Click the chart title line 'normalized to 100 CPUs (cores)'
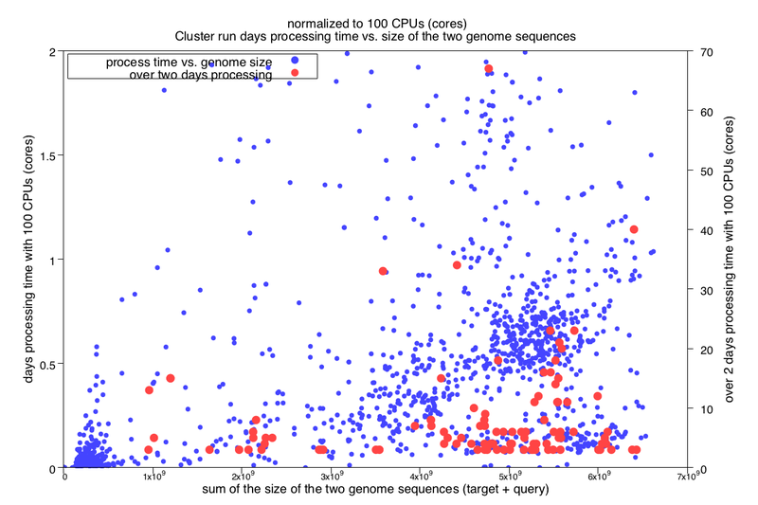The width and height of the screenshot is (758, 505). pyautogui.click(x=379, y=22)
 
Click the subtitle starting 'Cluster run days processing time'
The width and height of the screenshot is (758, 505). pyautogui.click(x=379, y=35)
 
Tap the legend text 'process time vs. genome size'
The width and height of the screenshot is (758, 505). pyautogui.click(x=188, y=62)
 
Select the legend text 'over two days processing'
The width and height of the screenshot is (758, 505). pyautogui.click(x=200, y=74)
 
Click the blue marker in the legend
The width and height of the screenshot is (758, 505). pyautogui.click(x=294, y=62)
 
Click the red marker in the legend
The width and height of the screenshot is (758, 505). pyautogui.click(x=294, y=74)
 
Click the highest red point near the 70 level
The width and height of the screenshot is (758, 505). pyautogui.click(x=489, y=68)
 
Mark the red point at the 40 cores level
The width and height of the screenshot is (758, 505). pyautogui.click(x=634, y=229)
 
